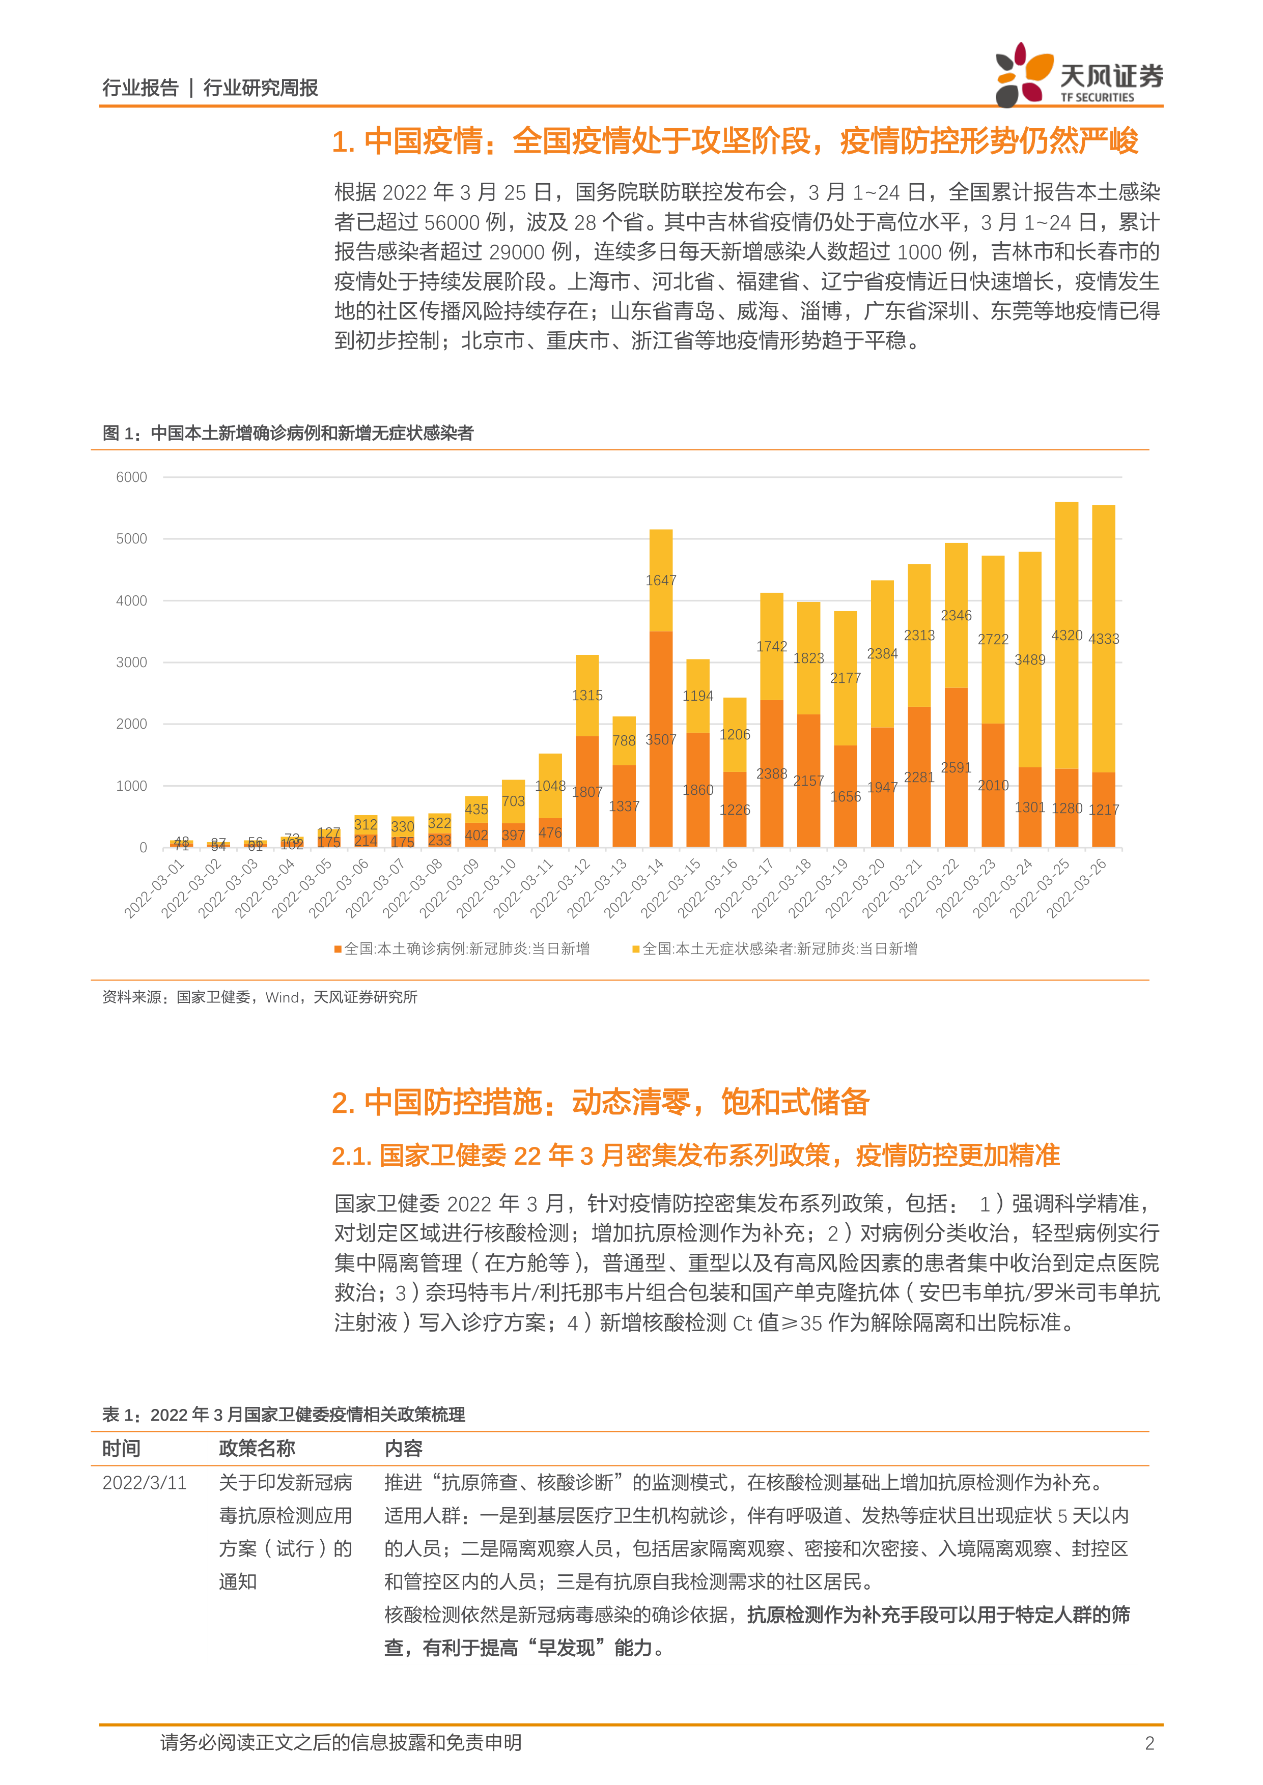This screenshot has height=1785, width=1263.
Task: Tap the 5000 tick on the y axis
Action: point(131,539)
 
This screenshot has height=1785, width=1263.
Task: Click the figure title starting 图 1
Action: point(288,433)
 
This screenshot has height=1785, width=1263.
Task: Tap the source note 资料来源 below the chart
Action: point(260,997)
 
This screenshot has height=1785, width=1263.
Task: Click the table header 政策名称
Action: point(257,1448)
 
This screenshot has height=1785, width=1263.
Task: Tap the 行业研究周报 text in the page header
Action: point(261,88)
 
